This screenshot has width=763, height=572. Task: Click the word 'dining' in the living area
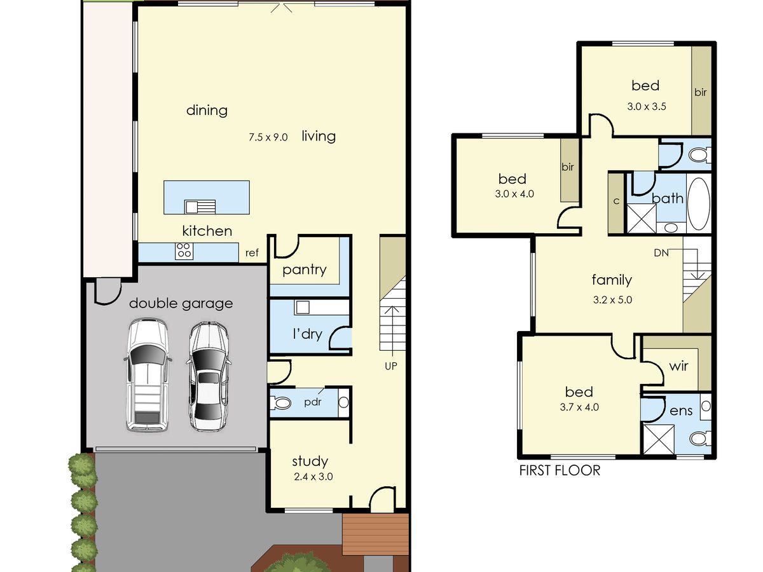point(207,111)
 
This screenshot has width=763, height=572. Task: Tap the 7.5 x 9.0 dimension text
point(268,137)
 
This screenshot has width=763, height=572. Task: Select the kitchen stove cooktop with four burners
point(184,250)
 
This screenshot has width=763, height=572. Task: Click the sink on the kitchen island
point(200,207)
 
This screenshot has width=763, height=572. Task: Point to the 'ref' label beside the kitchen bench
point(252,252)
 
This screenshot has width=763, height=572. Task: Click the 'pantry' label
point(305,270)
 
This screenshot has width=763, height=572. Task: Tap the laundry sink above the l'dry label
point(302,308)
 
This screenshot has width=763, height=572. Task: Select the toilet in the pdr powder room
point(282,403)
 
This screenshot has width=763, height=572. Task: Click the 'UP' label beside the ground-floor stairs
point(390,366)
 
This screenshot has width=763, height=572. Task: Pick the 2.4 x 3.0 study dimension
point(313,477)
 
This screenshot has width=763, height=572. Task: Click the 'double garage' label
point(181,304)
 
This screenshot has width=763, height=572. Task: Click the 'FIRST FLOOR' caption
point(560,470)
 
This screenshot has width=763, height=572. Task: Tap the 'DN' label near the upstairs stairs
point(661,253)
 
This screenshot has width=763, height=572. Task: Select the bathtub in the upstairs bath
point(699,204)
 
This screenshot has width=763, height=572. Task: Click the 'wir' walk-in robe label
point(678,365)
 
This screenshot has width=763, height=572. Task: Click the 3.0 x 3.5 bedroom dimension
point(647,107)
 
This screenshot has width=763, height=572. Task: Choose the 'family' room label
point(612,280)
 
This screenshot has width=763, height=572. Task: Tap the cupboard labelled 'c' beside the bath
point(616,203)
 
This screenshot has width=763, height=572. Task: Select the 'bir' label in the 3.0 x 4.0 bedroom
point(568,167)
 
